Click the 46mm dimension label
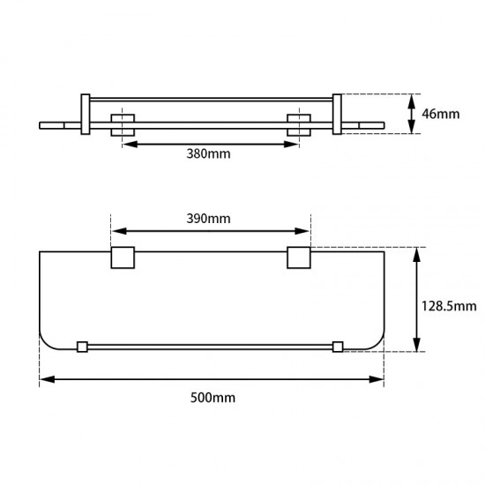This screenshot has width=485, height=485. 441,114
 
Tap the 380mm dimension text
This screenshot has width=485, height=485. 209,153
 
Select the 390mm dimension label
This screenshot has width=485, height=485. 209,219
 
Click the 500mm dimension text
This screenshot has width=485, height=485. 213,397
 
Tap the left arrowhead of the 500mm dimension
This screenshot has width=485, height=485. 44,380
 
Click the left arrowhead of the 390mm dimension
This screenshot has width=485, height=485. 115,232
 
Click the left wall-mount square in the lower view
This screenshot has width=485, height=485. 121,257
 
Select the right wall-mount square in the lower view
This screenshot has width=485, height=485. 299,257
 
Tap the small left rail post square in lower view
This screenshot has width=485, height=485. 83,347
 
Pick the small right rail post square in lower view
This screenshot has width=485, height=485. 337,347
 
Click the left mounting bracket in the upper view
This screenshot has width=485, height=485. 121,125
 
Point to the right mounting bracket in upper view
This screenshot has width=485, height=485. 299,125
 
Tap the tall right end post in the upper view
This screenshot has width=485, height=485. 336,115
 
